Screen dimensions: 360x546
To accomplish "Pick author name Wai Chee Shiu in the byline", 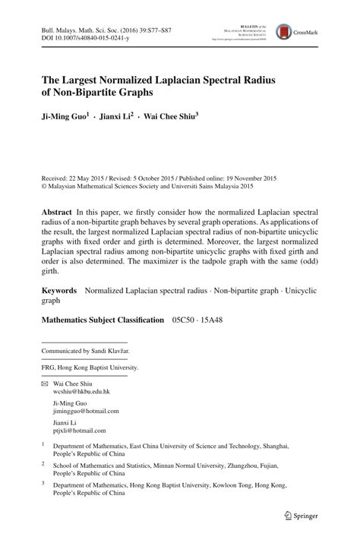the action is click(x=170, y=118).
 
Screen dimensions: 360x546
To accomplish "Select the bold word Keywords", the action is click(x=59, y=290).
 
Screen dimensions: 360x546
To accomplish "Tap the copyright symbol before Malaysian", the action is click(x=43, y=184).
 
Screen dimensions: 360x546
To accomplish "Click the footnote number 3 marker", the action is click(x=44, y=482).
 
